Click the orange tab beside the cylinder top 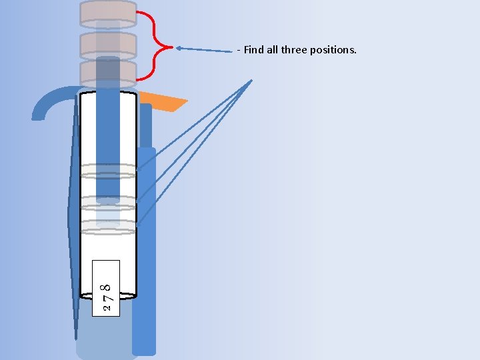(163, 101)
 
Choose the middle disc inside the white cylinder (108, 202)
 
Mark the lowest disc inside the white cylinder (108, 227)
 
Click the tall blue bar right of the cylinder (144, 253)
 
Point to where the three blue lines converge (252, 80)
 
